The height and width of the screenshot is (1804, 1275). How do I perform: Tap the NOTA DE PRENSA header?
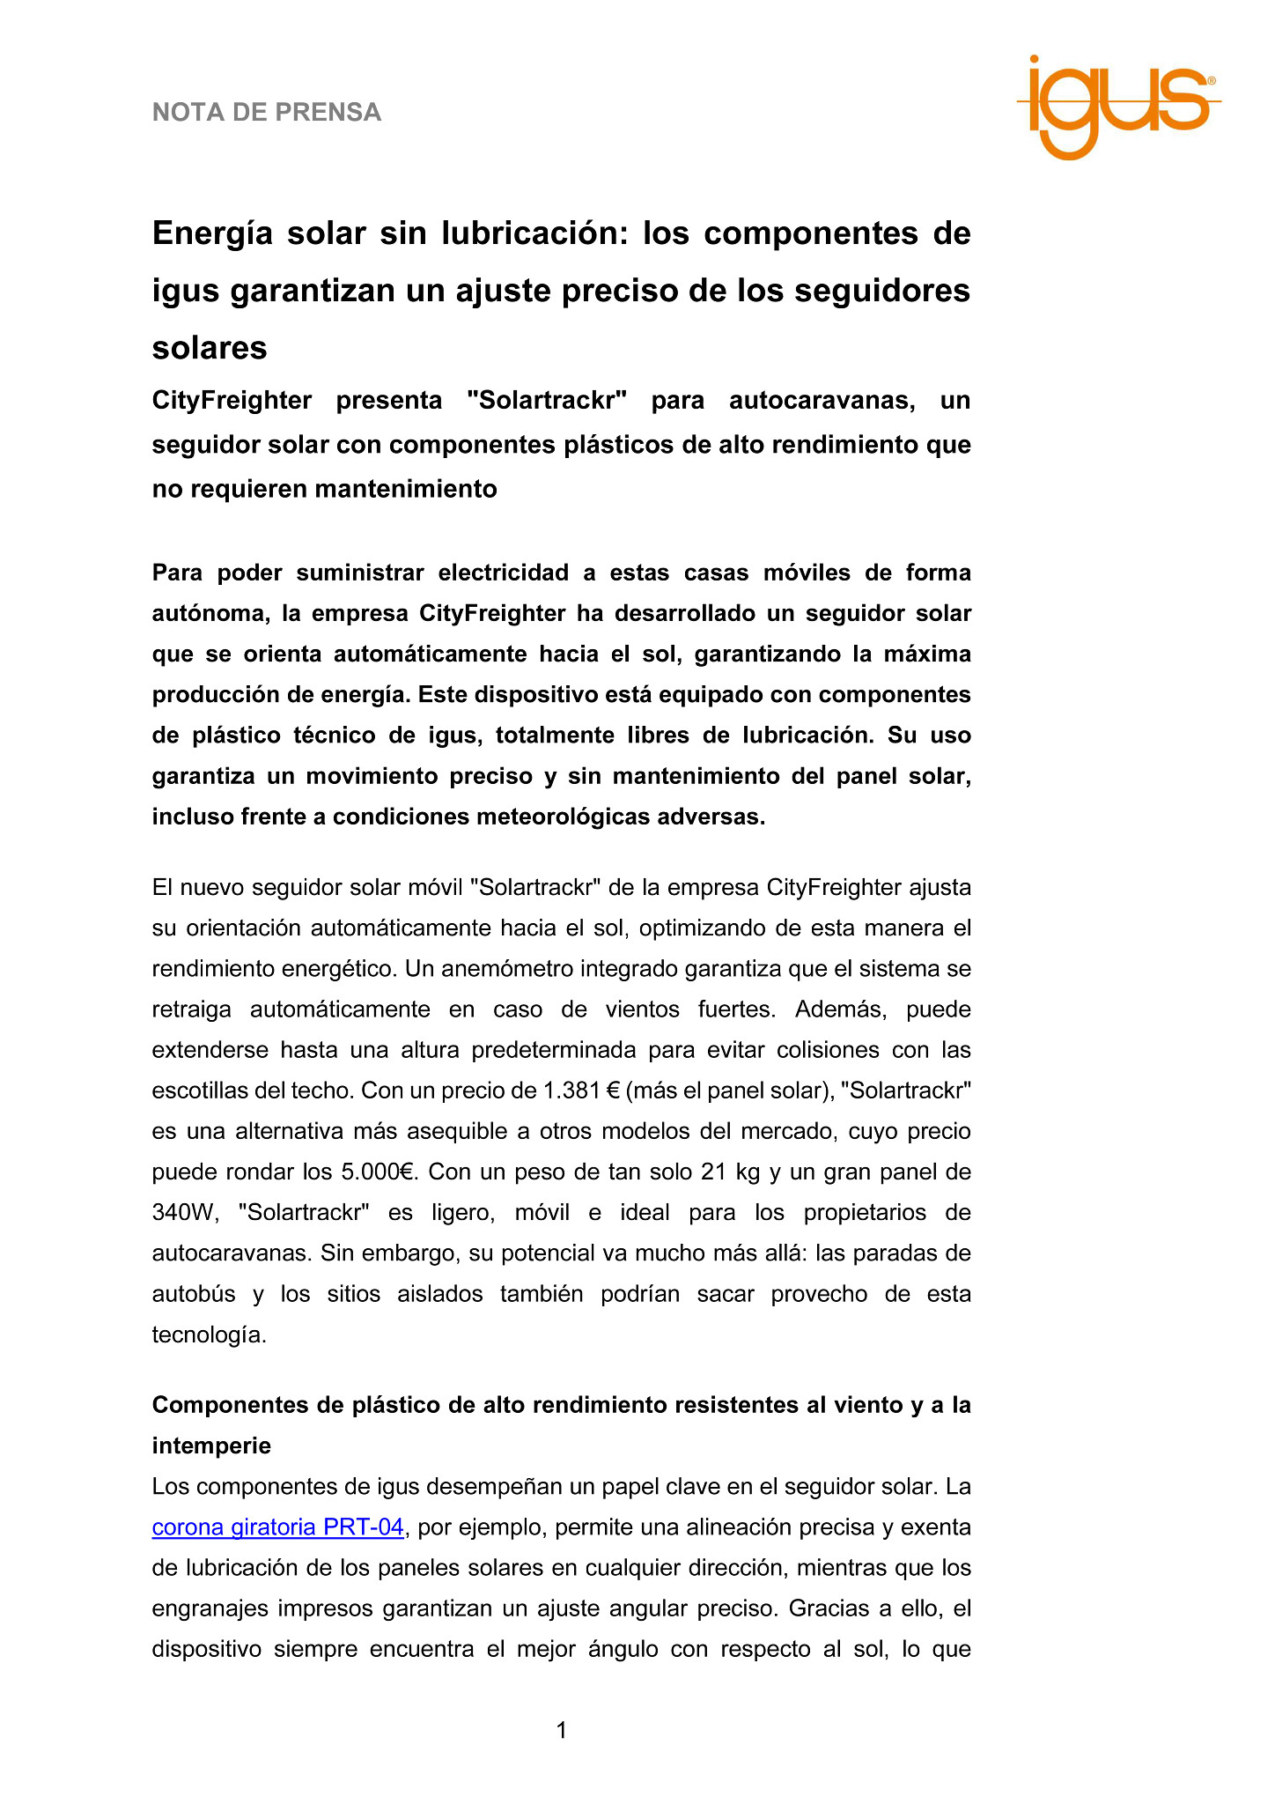tap(267, 113)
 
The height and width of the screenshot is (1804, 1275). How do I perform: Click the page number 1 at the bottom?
tap(562, 1731)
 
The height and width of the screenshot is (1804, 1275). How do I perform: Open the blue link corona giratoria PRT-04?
tap(277, 1527)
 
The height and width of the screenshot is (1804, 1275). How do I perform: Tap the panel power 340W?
tap(184, 1212)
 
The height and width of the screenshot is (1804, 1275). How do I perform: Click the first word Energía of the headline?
tap(215, 233)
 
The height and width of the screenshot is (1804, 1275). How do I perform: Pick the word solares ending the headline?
tap(210, 348)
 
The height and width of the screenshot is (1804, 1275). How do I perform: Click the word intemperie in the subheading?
tap(211, 1445)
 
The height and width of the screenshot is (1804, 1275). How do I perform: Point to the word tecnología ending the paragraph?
tap(208, 1335)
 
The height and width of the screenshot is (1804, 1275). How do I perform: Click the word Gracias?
tap(825, 1608)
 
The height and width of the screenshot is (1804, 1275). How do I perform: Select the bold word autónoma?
tap(208, 613)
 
